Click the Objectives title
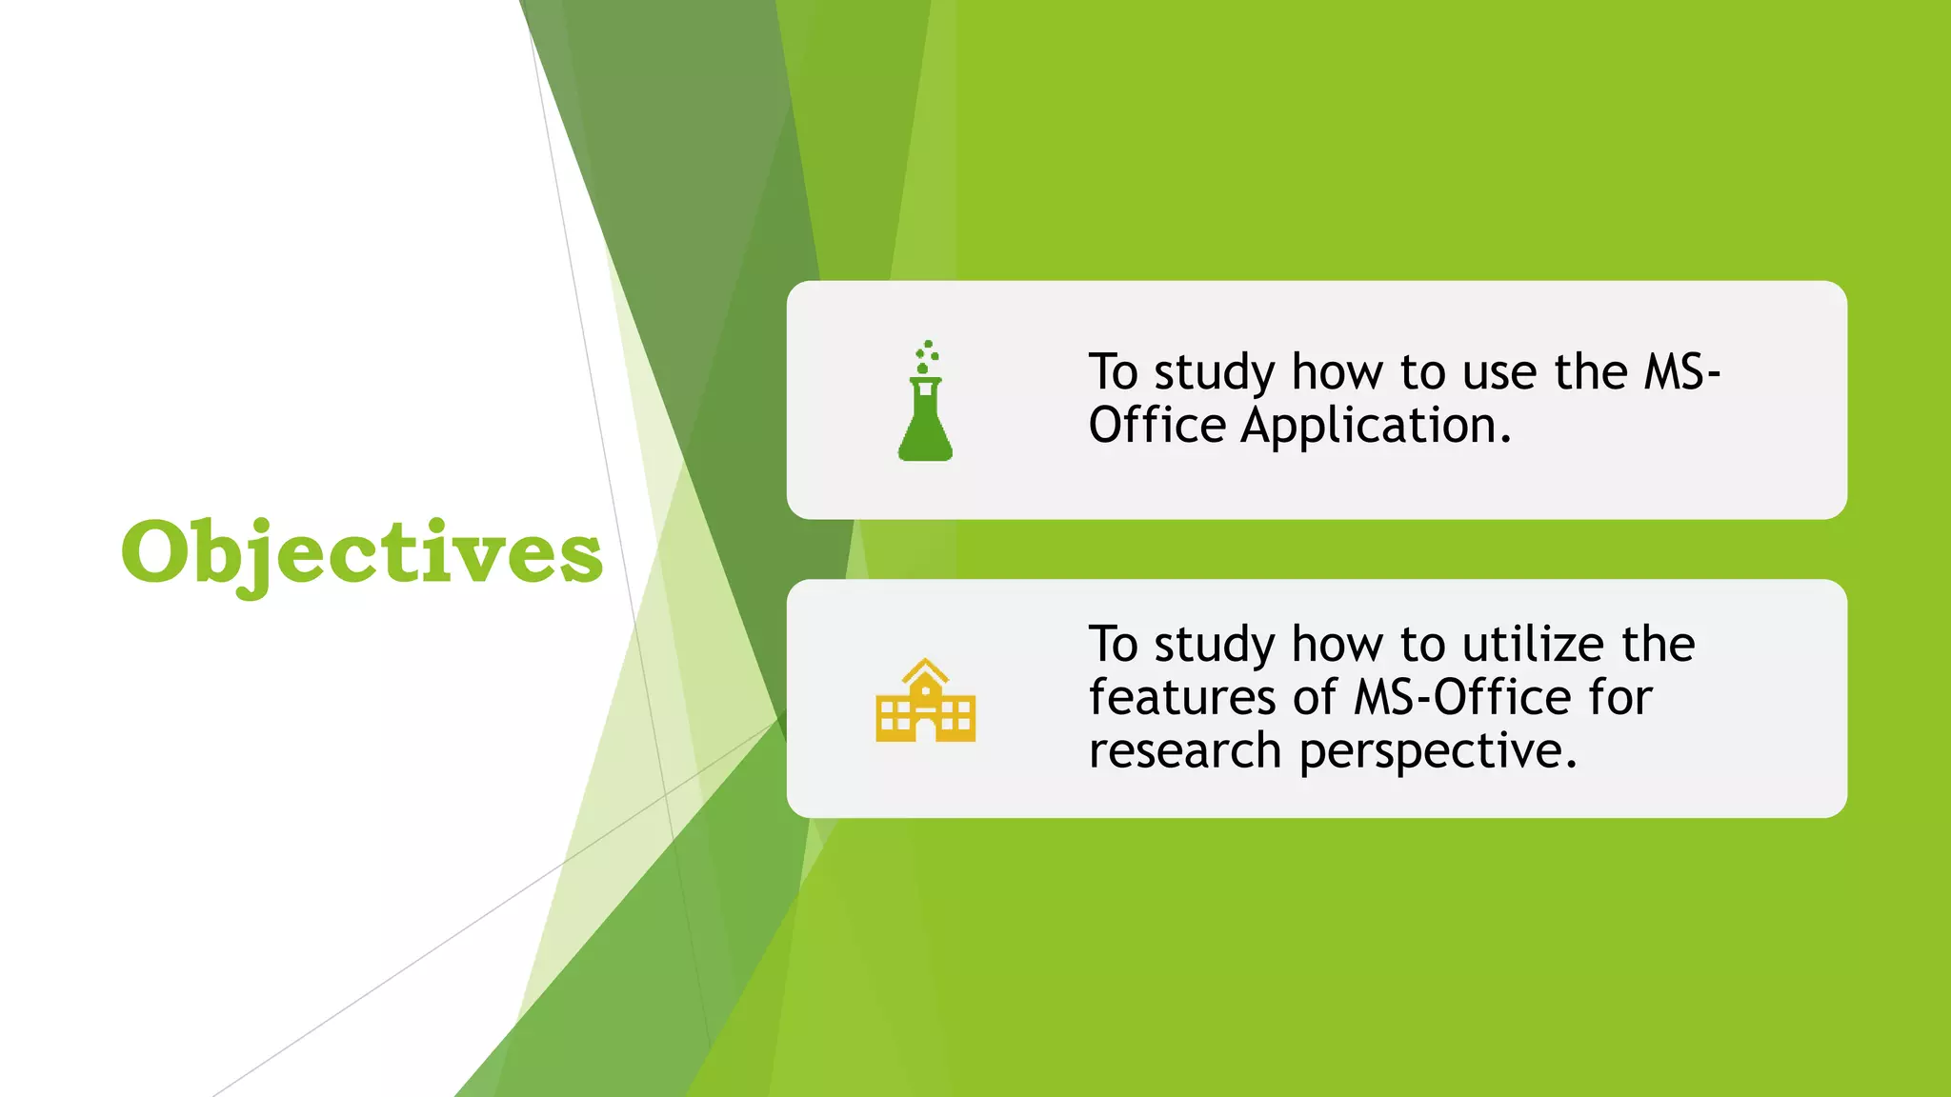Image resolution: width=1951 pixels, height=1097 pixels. tap(362, 553)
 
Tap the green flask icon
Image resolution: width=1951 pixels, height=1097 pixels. tap(925, 419)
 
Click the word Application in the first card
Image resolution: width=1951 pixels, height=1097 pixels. tap(1376, 426)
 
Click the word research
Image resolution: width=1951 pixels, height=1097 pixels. tap(1185, 751)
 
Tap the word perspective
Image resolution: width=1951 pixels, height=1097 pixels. tap(1438, 751)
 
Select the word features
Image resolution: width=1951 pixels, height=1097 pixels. tap(1182, 698)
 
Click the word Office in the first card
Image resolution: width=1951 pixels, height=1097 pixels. tap(1157, 426)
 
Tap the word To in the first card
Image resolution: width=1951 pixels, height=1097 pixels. tap(1114, 372)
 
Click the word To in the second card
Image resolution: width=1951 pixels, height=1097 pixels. tap(1114, 645)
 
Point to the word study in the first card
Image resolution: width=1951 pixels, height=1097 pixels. tap(1215, 372)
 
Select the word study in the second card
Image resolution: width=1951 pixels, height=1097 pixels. tap(1215, 645)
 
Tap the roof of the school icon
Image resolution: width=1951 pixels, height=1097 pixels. tap(925, 671)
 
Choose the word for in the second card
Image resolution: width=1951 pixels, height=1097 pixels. tap(1619, 698)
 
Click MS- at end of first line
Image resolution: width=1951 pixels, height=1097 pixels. tap(1681, 372)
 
